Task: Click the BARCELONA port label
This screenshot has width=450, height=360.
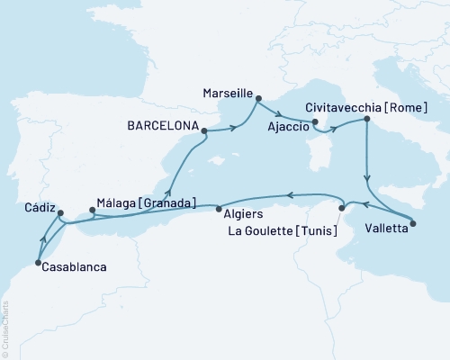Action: (158, 130)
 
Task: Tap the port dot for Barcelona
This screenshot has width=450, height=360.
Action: (205, 130)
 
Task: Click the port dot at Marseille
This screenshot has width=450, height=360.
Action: (258, 100)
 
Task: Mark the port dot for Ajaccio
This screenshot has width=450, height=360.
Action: (315, 122)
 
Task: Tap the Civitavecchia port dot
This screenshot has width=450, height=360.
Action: (366, 119)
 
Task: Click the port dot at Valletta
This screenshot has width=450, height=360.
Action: (413, 222)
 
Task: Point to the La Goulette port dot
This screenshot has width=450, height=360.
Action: (341, 209)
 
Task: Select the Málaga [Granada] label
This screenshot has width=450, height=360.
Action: (145, 203)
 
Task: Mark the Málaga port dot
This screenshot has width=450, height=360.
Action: (93, 212)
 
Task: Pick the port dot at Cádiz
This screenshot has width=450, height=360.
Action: (59, 214)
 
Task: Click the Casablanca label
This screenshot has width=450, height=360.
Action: (75, 267)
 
